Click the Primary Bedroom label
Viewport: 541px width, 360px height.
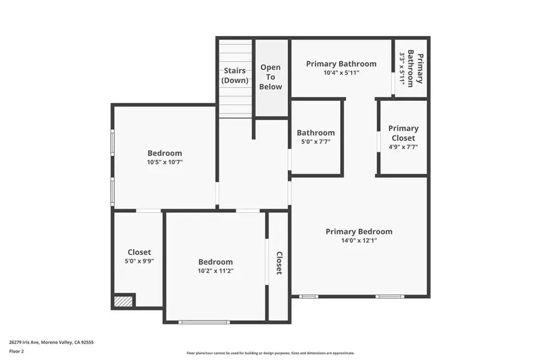pos(359,231)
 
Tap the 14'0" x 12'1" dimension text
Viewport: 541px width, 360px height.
pos(359,240)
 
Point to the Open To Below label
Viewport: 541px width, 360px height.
pos(270,77)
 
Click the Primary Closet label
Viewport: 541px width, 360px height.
pos(403,133)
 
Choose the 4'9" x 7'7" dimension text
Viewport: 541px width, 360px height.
pos(403,147)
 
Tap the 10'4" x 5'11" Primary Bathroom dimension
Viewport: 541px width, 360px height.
pos(341,73)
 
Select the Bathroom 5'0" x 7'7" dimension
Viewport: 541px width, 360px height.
pos(316,142)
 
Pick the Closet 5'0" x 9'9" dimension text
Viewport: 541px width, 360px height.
pos(139,261)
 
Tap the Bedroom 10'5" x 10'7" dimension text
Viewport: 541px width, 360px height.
pos(165,162)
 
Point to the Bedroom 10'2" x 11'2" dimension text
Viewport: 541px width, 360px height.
pos(215,271)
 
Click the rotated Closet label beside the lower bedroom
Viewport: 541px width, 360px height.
pos(279,263)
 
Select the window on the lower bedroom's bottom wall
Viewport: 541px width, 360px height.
pos(204,322)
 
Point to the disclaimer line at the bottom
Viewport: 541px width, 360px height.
pos(270,353)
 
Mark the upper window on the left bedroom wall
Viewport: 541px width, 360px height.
pos(112,144)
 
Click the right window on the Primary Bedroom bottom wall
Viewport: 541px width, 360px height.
pos(390,296)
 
